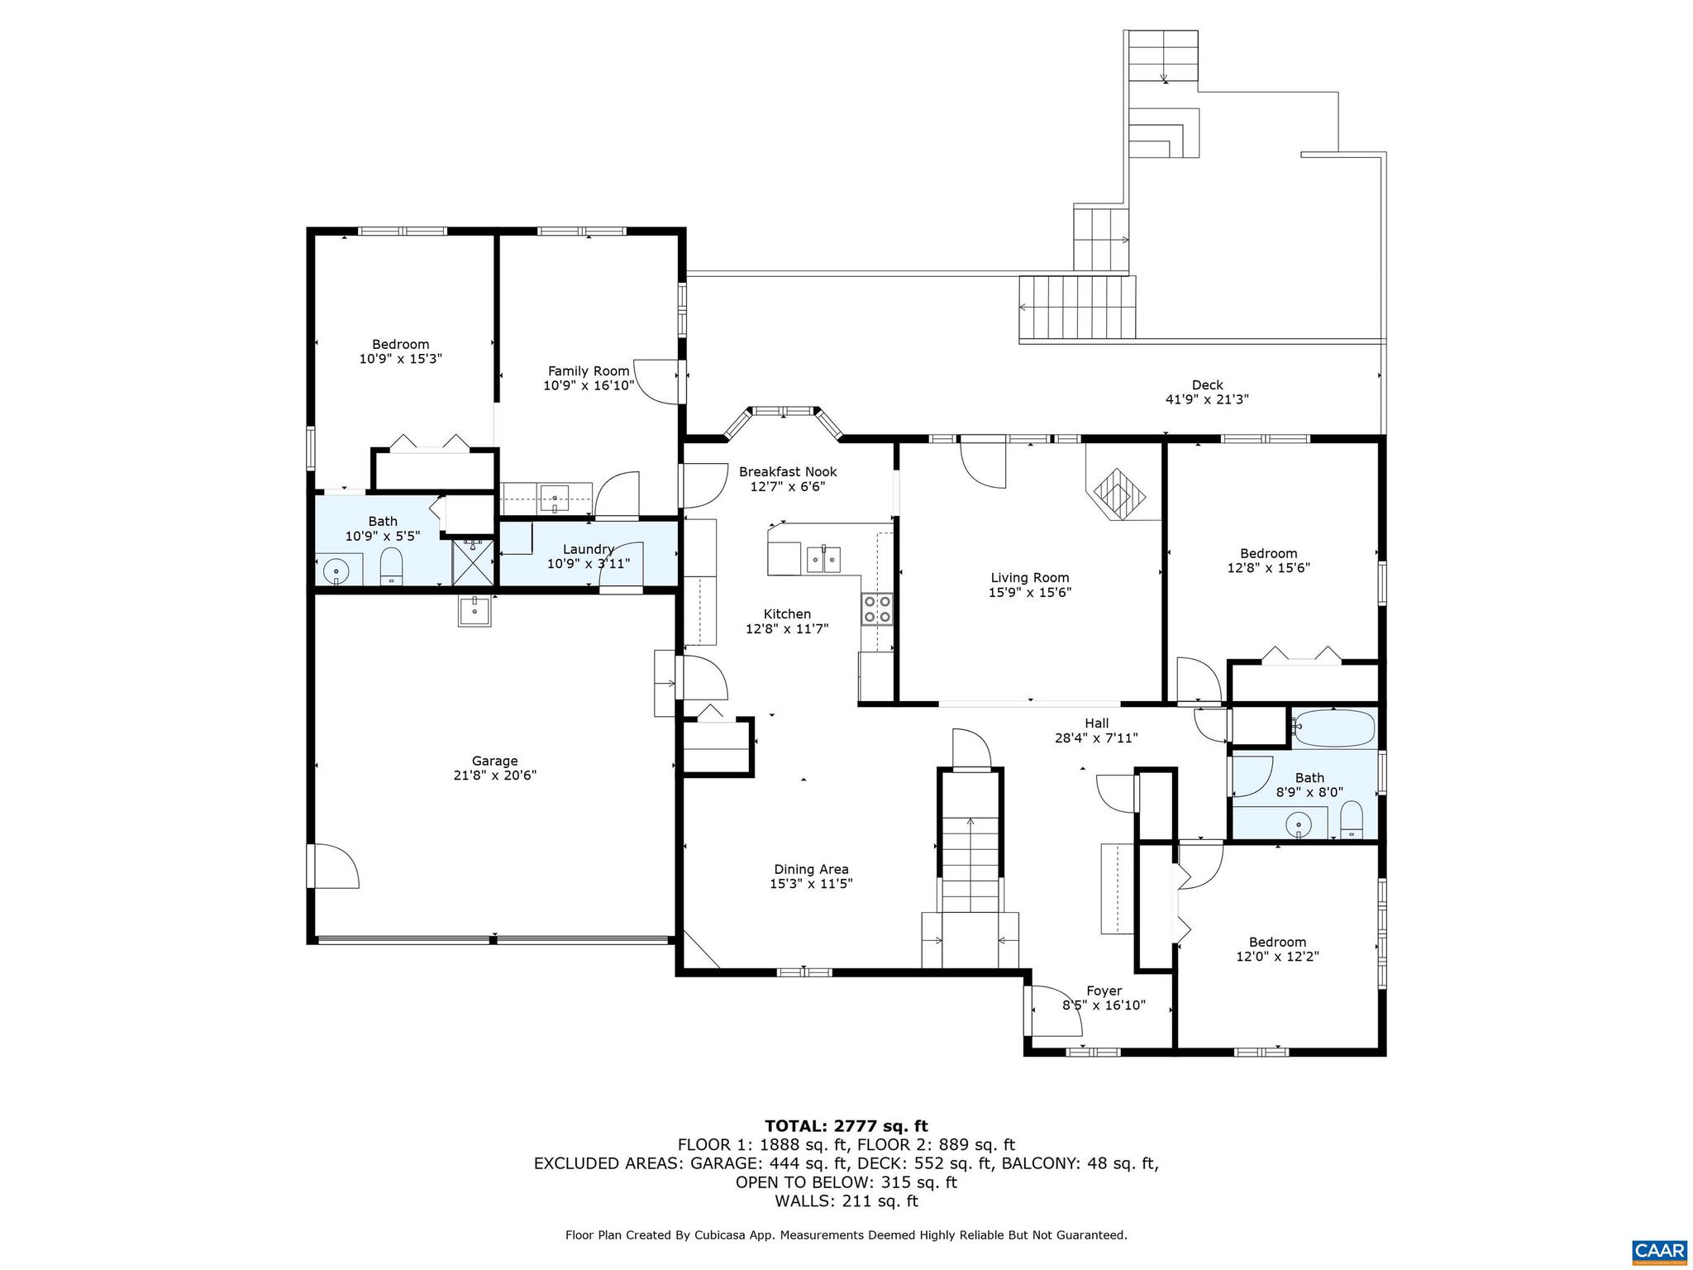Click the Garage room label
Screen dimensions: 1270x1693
pyautogui.click(x=494, y=761)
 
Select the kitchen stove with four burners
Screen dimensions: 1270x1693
pyautogui.click(x=877, y=609)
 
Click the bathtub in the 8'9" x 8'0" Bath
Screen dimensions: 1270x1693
pyautogui.click(x=1333, y=728)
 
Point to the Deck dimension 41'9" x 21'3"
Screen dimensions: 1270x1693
pyautogui.click(x=1206, y=399)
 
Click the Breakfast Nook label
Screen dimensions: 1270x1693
pyautogui.click(x=787, y=471)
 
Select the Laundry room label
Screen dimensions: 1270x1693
pyautogui.click(x=588, y=549)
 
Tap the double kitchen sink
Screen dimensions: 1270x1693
pyautogui.click(x=823, y=560)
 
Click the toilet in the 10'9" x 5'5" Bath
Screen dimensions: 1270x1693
pyautogui.click(x=391, y=568)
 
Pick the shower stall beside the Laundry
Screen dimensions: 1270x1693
pyautogui.click(x=472, y=562)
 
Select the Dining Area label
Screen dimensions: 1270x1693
pyautogui.click(x=810, y=869)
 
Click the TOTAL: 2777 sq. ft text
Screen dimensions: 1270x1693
pyautogui.click(x=846, y=1125)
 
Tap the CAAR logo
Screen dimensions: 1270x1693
pyautogui.click(x=1658, y=1249)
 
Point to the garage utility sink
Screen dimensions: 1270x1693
pyautogui.click(x=475, y=612)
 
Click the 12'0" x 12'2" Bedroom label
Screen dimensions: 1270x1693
pyautogui.click(x=1276, y=942)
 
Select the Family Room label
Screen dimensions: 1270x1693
pyautogui.click(x=589, y=371)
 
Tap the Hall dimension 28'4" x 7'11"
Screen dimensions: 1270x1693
pyautogui.click(x=1096, y=738)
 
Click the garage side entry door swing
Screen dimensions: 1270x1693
pyautogui.click(x=333, y=866)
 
